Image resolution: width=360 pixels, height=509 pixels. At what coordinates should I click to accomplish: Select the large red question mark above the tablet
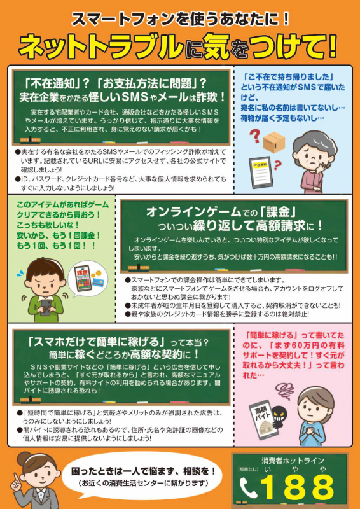click(253, 135)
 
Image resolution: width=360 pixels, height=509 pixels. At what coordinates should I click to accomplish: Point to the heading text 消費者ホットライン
click(293, 460)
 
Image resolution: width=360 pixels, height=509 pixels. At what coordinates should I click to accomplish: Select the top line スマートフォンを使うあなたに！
click(180, 18)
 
